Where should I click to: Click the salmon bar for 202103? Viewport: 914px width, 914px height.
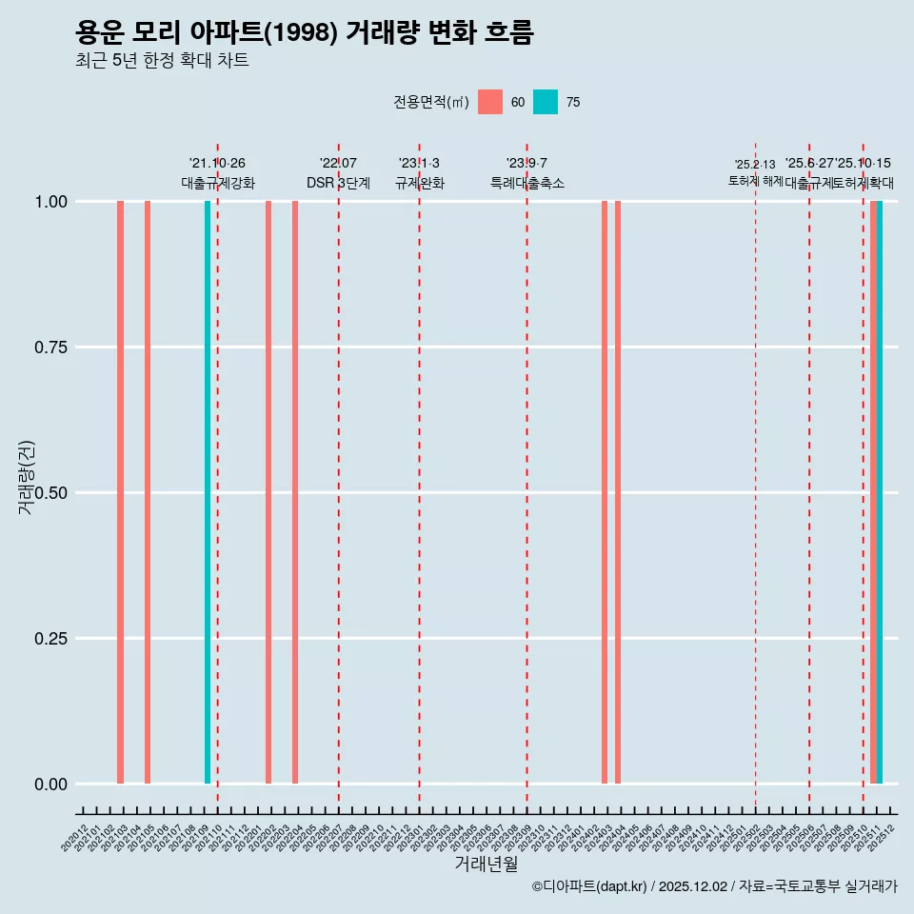tap(121, 492)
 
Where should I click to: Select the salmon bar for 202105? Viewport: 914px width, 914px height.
tap(148, 492)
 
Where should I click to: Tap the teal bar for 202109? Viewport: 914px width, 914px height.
tap(208, 492)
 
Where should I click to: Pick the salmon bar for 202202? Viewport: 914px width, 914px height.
tap(268, 492)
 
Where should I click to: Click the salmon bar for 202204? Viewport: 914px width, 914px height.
tap(295, 492)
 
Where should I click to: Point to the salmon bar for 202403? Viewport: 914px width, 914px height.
tap(605, 492)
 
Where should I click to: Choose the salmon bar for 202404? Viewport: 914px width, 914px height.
tap(618, 492)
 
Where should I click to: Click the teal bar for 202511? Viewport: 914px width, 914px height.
tap(880, 492)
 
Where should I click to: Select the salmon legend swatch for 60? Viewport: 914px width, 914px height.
tap(490, 102)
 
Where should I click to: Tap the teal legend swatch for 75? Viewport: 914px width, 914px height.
tap(546, 102)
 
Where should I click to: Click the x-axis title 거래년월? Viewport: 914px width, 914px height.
tap(487, 864)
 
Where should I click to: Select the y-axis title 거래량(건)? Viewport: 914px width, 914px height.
tap(27, 477)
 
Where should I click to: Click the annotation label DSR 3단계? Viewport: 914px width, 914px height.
tap(338, 183)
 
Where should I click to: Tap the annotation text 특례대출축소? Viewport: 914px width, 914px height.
tap(527, 183)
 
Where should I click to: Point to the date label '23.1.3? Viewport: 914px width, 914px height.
tap(419, 164)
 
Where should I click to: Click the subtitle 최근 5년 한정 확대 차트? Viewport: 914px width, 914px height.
tap(162, 61)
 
